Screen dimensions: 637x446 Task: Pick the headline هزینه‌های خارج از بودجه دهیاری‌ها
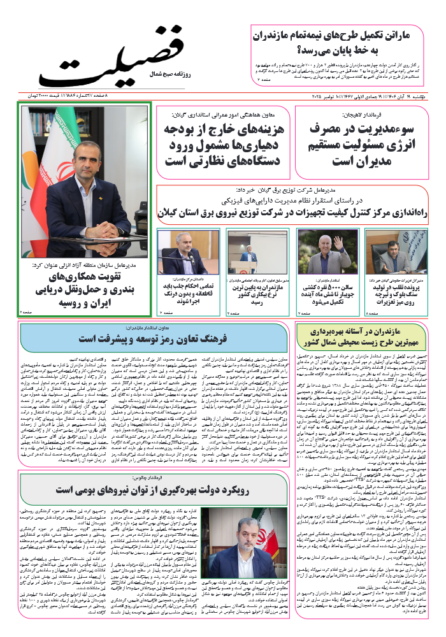(224, 145)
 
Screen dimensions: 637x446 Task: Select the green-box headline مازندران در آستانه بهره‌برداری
(362, 337)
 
